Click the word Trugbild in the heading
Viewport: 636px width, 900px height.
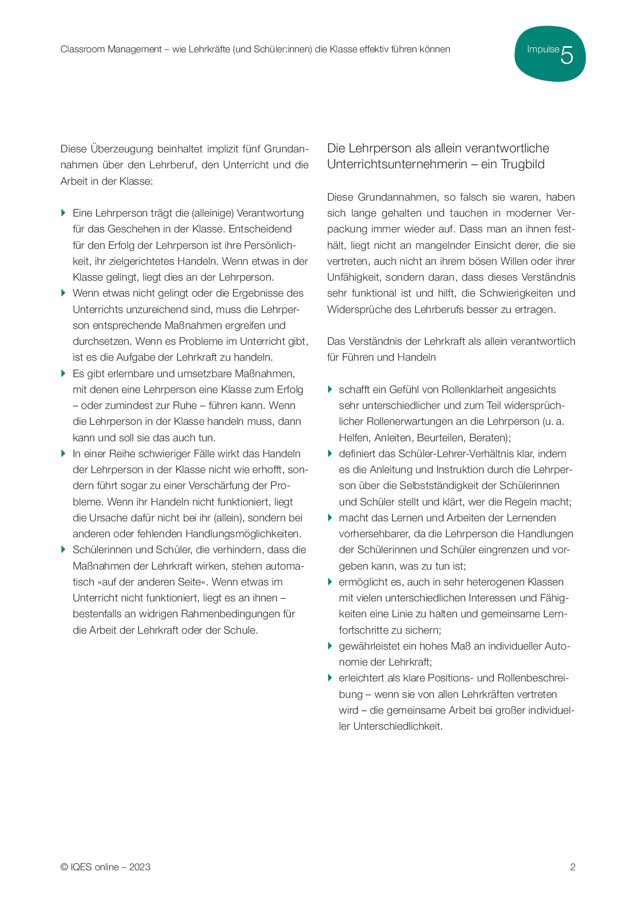(523, 164)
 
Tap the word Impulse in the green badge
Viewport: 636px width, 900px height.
(543, 49)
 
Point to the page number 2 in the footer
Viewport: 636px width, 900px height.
(572, 867)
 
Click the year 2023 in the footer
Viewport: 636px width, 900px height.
(140, 867)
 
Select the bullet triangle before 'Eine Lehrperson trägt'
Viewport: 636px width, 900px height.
(64, 213)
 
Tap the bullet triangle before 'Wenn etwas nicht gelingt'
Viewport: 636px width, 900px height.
(64, 293)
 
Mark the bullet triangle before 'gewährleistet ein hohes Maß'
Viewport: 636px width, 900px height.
(330, 646)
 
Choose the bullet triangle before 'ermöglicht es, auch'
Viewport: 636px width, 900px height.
(330, 582)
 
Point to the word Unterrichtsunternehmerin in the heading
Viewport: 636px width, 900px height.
(393, 164)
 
